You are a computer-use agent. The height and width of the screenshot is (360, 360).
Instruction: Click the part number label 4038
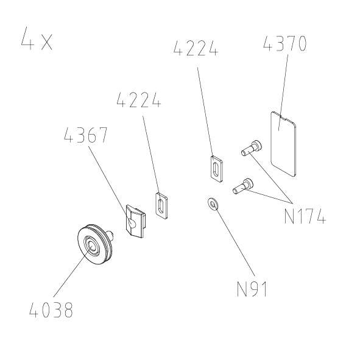click(x=51, y=310)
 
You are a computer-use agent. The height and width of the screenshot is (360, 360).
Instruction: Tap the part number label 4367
click(x=86, y=135)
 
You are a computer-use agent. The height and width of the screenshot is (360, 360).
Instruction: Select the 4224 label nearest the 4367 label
click(x=139, y=100)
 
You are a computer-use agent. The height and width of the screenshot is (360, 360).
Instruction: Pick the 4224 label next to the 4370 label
click(x=196, y=48)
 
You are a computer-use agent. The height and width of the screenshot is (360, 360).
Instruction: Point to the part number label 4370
click(x=284, y=43)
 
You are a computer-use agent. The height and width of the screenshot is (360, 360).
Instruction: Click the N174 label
click(x=305, y=216)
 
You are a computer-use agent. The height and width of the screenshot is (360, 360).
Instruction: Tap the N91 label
click(x=252, y=289)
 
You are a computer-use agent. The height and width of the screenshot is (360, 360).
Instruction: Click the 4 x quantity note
click(x=37, y=39)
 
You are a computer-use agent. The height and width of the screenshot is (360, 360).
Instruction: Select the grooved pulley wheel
click(x=95, y=244)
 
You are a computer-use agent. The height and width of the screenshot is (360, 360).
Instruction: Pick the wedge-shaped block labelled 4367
click(x=135, y=221)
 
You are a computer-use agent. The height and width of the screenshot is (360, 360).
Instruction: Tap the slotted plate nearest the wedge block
click(x=161, y=205)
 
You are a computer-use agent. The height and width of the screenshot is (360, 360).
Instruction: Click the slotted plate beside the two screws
click(x=216, y=169)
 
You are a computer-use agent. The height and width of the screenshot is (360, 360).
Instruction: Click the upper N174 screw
click(x=252, y=147)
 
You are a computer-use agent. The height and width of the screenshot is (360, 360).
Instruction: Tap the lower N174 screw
click(x=243, y=186)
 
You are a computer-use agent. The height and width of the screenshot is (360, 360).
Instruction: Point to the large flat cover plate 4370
click(x=283, y=144)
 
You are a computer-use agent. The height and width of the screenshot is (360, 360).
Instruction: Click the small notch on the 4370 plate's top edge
click(x=281, y=116)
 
